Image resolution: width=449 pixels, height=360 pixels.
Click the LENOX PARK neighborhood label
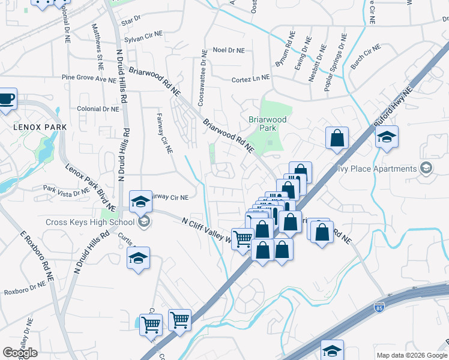(x=40, y=127)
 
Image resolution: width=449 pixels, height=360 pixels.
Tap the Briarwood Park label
(x=268, y=124)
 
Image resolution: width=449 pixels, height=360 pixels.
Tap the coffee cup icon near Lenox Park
(x=7, y=98)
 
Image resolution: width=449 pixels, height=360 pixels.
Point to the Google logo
(x=20, y=353)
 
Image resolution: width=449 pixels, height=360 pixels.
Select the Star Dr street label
(x=130, y=22)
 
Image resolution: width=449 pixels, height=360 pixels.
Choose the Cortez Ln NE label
(x=250, y=79)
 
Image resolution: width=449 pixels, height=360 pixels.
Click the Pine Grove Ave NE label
(x=89, y=79)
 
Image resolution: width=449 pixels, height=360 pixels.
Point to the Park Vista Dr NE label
(x=66, y=190)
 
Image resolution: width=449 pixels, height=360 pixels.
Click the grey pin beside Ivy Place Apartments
(x=426, y=167)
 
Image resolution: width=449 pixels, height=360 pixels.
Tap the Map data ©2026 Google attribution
(x=411, y=355)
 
